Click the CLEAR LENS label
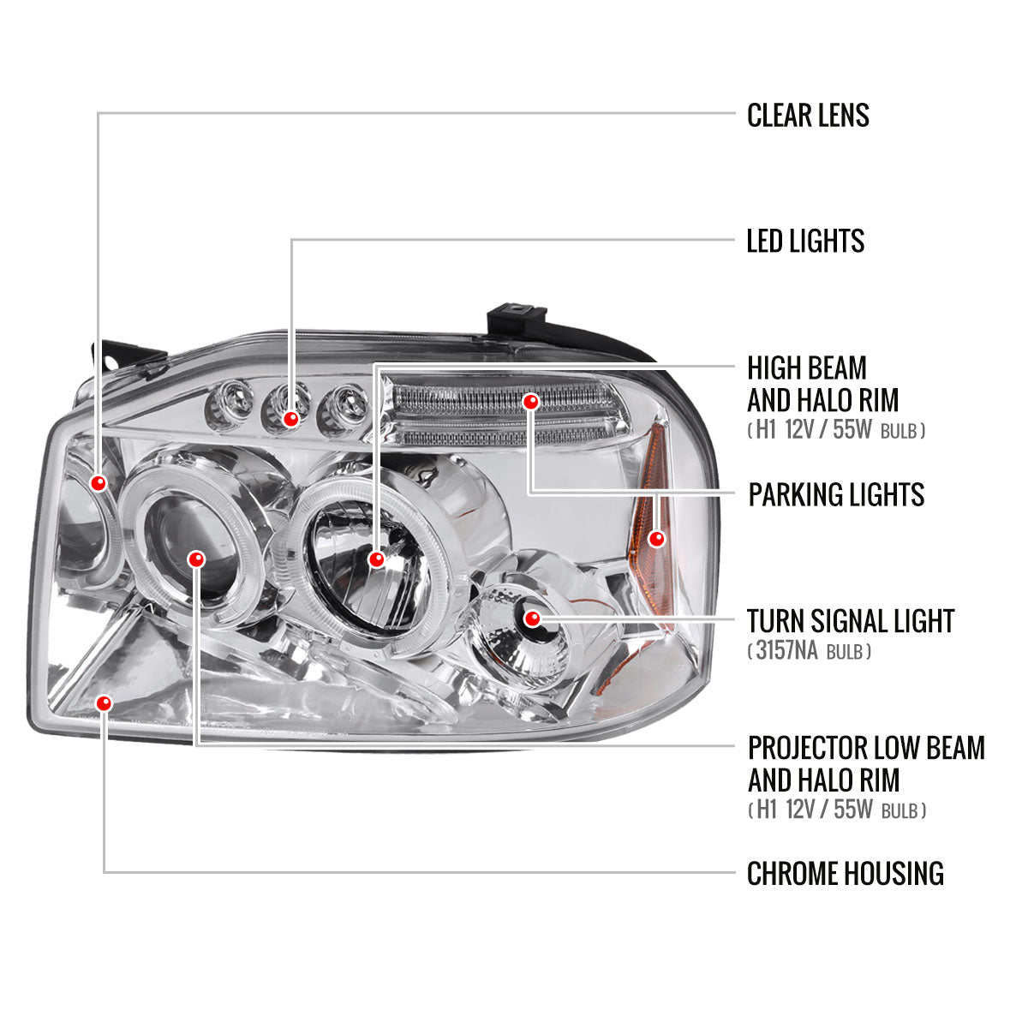808,115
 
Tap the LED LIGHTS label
805,241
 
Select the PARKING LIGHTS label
836,494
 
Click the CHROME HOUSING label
845,874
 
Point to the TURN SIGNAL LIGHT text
850,621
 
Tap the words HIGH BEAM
795,369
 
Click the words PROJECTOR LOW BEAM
866,748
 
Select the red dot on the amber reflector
657,539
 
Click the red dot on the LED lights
291,419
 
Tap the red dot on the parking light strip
531,401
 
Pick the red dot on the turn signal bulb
532,618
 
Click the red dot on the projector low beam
197,559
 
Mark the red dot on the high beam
375,560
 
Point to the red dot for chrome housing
105,703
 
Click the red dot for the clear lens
99,483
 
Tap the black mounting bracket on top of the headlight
517,319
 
